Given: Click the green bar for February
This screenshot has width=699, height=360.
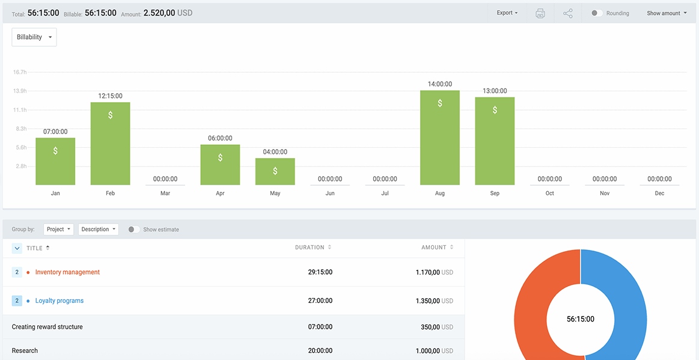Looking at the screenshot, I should click(110, 144).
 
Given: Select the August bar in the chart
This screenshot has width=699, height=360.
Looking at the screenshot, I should click(440, 138).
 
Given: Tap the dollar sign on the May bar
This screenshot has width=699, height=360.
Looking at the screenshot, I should click(275, 171).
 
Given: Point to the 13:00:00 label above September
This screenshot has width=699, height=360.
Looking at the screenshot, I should click(495, 91).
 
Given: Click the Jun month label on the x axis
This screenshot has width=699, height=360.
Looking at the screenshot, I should click(330, 194).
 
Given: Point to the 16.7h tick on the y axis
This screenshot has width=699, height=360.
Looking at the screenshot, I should click(20, 72).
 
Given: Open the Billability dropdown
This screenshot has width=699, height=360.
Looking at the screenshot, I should click(34, 37).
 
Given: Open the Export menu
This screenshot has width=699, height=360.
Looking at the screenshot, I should click(507, 13).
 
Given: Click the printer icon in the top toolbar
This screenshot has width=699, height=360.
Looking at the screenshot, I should click(540, 13).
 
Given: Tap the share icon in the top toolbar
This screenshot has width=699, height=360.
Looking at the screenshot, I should click(568, 13).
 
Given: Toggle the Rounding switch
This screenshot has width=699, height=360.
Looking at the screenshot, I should click(596, 13).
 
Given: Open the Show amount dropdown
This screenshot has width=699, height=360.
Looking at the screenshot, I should click(667, 13).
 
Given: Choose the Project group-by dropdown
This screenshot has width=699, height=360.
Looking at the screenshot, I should click(59, 230).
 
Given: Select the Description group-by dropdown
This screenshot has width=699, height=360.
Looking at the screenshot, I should click(98, 230).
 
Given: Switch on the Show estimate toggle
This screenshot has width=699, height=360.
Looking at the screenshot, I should click(133, 230).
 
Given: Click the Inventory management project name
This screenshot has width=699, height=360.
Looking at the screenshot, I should click(67, 272).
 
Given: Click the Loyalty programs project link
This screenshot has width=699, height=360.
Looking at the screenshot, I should click(60, 301).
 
